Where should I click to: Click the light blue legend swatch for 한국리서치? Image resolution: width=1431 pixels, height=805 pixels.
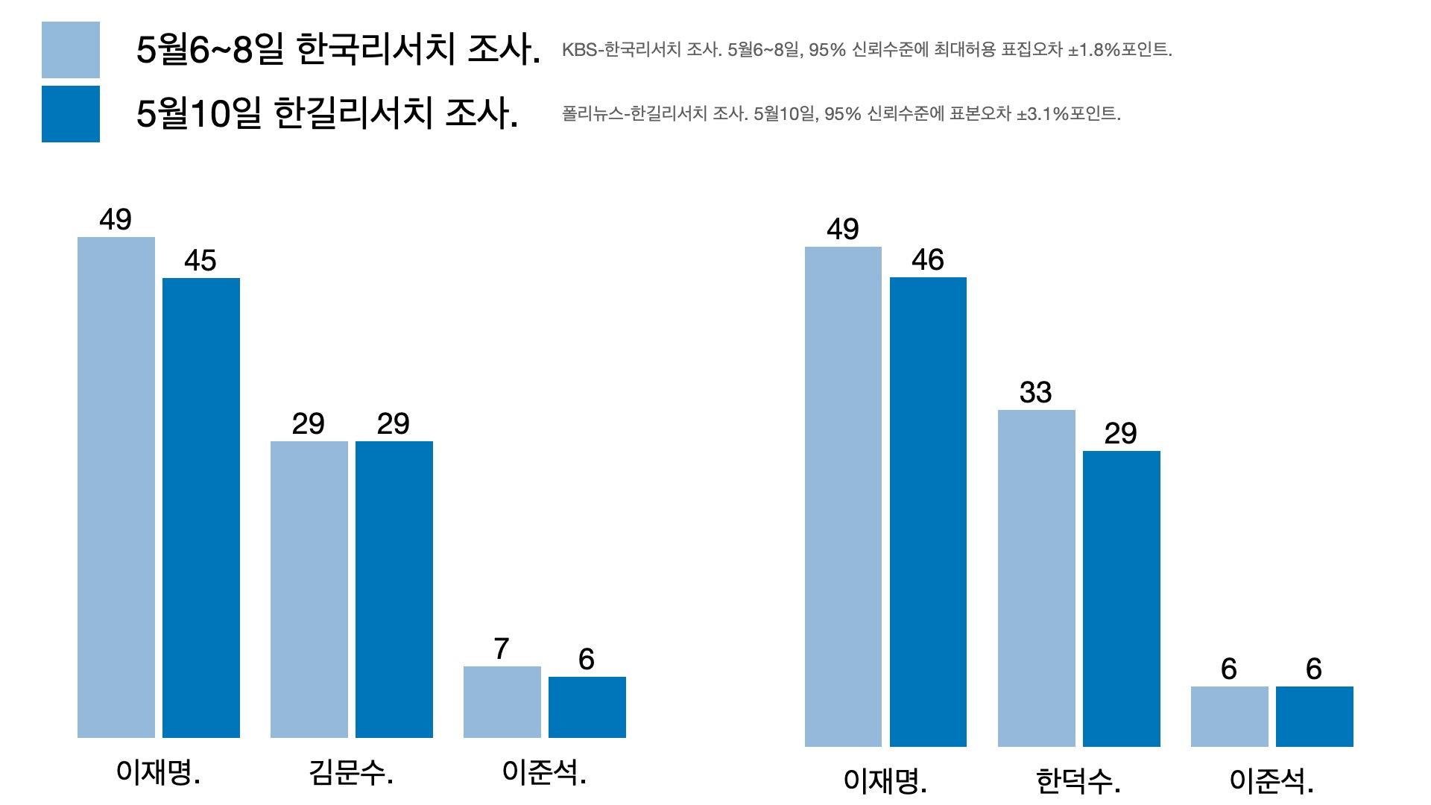point(71,50)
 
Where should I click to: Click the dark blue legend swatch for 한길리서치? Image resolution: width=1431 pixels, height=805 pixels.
point(71,114)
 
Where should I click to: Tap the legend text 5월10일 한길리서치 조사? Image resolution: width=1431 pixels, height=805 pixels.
point(326,114)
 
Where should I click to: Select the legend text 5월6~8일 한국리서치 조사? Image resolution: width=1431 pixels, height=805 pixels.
point(338,50)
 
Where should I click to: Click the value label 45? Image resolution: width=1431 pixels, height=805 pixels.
point(200,261)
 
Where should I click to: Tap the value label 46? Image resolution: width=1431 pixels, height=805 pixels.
point(928,260)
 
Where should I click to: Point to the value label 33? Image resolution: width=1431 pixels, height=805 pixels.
point(1036,393)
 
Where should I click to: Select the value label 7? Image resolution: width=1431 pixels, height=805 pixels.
point(502,649)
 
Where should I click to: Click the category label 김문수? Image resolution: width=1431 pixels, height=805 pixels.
point(351,773)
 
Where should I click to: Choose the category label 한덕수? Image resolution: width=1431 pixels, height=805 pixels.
point(1078,782)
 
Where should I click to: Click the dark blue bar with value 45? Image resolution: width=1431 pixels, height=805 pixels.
point(201,508)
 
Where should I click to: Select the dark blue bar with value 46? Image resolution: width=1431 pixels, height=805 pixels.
point(928,511)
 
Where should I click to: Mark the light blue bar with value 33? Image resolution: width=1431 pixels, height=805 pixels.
point(1036,578)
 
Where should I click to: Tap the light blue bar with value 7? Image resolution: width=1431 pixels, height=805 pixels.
point(502,701)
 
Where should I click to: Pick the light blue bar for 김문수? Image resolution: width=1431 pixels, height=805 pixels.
point(309,589)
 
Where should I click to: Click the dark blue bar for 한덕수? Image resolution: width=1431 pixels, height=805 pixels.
point(1121,599)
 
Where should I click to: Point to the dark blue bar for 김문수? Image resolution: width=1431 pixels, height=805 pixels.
point(394,589)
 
